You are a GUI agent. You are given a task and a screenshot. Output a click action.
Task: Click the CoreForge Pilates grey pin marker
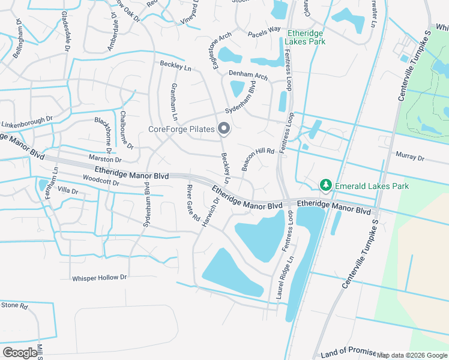tap(224, 128)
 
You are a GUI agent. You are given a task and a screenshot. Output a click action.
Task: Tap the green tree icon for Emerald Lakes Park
tap(326, 185)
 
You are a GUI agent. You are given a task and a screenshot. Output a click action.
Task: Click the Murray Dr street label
tap(410, 158)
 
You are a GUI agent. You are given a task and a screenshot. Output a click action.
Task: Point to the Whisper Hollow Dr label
tap(100, 278)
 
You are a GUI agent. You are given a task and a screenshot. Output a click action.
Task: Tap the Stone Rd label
tap(14, 306)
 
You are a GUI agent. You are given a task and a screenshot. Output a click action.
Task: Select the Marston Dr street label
tap(105, 160)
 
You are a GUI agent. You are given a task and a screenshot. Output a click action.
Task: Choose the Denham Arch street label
tap(248, 76)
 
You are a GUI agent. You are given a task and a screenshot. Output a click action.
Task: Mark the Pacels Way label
tap(264, 29)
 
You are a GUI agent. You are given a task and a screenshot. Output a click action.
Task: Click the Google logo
tap(20, 353)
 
